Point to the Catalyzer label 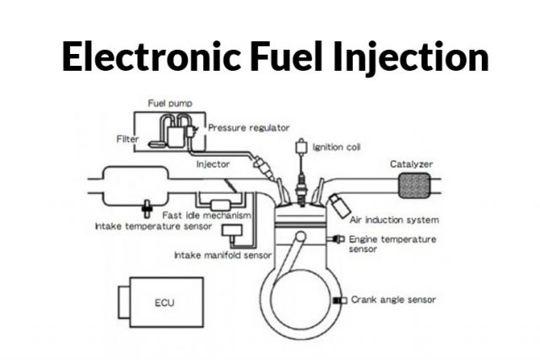click(411, 163)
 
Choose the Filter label click(127, 138)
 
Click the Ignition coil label click(336, 147)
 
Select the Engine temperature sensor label click(392, 244)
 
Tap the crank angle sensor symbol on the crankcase click(337, 300)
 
